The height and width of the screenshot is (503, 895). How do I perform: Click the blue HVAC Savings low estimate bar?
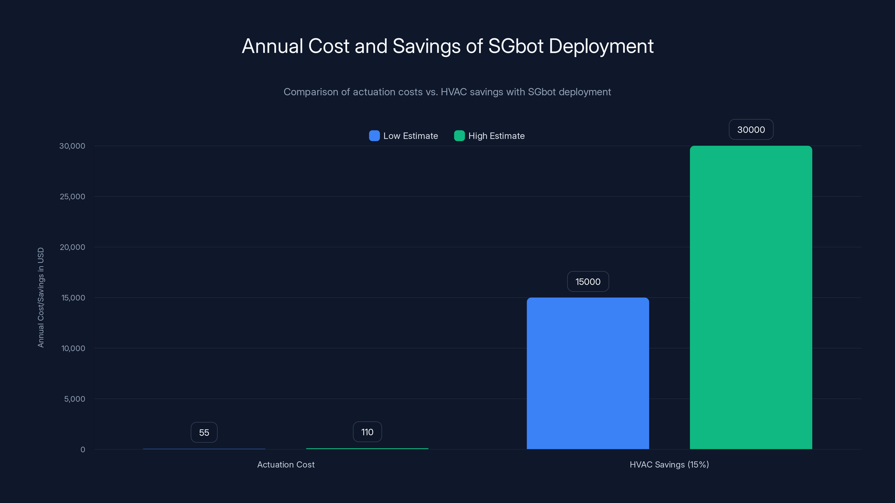click(x=588, y=373)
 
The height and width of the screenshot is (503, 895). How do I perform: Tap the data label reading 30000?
click(x=750, y=129)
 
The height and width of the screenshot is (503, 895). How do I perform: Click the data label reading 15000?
click(x=588, y=281)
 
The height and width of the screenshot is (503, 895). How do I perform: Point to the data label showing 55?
click(x=204, y=432)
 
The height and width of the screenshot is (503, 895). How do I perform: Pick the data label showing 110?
click(x=367, y=432)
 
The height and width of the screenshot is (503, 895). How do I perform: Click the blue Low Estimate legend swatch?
click(x=374, y=136)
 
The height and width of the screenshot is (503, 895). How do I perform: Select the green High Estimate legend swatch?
click(x=459, y=136)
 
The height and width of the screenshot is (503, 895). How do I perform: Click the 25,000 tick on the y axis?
click(x=72, y=196)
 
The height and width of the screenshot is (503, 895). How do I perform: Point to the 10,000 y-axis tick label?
click(x=73, y=348)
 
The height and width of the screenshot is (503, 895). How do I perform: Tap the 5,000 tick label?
click(x=74, y=399)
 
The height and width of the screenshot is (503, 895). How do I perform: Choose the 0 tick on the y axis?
click(x=83, y=450)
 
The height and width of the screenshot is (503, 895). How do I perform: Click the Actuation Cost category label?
click(x=286, y=464)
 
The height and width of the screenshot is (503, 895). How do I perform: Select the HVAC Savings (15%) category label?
click(x=669, y=464)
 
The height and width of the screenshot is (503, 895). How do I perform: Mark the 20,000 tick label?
click(x=72, y=247)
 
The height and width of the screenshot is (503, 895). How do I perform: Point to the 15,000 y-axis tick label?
click(x=73, y=298)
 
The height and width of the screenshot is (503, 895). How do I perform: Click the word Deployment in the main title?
click(x=601, y=46)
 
